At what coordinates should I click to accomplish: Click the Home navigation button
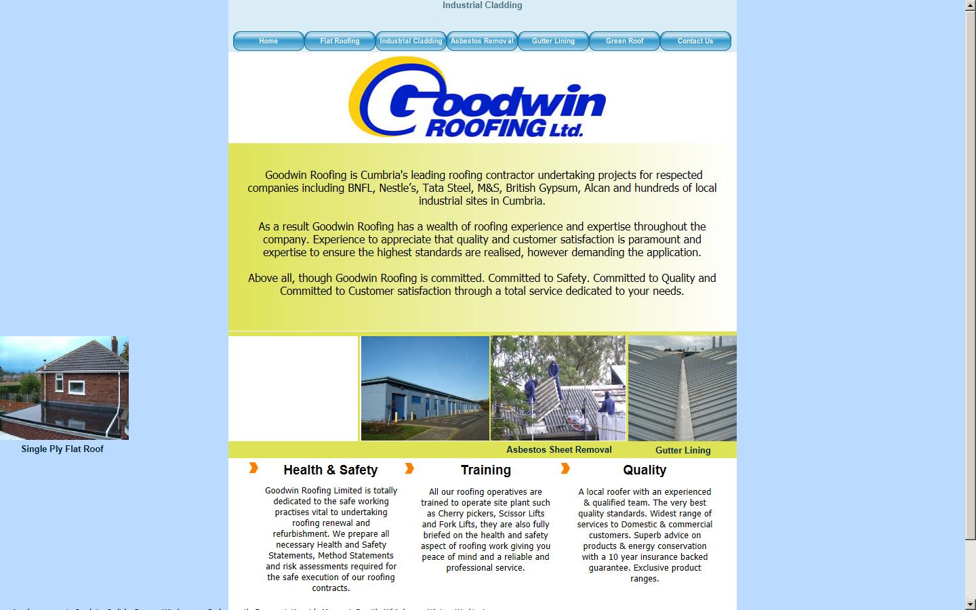click(x=268, y=41)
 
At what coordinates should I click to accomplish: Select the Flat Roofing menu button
click(x=340, y=41)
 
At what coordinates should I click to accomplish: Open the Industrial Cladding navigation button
click(x=411, y=41)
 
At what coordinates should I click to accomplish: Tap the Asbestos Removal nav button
click(x=482, y=41)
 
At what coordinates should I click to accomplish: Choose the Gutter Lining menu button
click(x=553, y=41)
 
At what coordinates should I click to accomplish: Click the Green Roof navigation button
click(x=624, y=41)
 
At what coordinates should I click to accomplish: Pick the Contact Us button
click(x=695, y=41)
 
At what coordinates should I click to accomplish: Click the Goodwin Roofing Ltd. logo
click(x=477, y=98)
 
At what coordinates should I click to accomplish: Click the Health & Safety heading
click(x=330, y=470)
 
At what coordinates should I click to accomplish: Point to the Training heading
click(x=485, y=470)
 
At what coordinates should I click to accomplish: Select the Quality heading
click(x=644, y=470)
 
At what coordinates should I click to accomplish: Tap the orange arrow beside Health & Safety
click(x=253, y=468)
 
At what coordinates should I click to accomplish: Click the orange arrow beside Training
click(x=409, y=468)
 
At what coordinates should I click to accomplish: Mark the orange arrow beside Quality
click(x=565, y=468)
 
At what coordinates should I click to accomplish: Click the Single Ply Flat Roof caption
click(x=62, y=449)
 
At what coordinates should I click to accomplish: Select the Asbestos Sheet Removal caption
click(x=558, y=449)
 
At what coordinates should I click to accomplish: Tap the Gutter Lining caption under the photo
click(x=683, y=450)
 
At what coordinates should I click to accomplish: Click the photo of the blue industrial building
click(x=425, y=388)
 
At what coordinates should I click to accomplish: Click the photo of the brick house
click(x=64, y=388)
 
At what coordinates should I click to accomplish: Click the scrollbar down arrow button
click(x=971, y=604)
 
